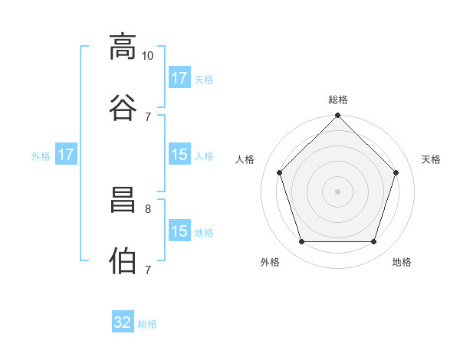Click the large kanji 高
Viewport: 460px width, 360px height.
(x=123, y=47)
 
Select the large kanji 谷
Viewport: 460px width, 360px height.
(x=123, y=107)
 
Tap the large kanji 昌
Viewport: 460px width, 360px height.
(x=123, y=200)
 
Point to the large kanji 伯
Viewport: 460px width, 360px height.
(x=123, y=260)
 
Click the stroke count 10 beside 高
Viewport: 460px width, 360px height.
(x=147, y=56)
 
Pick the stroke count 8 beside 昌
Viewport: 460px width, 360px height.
(x=148, y=209)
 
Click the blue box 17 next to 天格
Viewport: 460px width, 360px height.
(x=179, y=77)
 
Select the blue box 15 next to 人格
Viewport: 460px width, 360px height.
(x=179, y=154)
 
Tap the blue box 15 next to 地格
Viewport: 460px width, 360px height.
(x=179, y=230)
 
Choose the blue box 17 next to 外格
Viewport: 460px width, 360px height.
(x=66, y=154)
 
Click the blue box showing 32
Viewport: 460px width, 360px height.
(x=123, y=321)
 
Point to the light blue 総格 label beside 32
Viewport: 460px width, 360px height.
(x=147, y=324)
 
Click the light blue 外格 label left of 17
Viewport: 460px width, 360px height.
(x=41, y=156)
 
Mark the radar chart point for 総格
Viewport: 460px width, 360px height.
(x=337, y=115)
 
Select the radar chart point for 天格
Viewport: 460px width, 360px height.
(x=396, y=172)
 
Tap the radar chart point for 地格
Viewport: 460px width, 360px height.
(x=373, y=241)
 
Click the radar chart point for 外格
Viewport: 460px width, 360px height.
(x=302, y=241)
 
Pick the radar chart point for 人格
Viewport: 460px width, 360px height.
(x=280, y=172)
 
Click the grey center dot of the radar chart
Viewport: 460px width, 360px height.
(x=337, y=191)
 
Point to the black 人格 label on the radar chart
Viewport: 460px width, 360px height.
(x=245, y=159)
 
